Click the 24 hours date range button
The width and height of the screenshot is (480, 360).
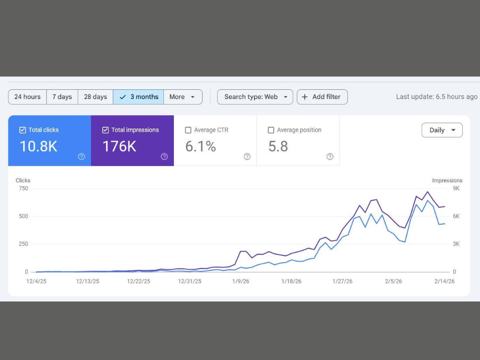[27, 97]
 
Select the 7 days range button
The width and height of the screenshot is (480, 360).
[62, 97]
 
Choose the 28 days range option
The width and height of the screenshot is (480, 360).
[96, 97]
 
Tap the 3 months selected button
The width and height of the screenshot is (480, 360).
[138, 97]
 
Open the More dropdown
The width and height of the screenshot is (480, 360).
[183, 97]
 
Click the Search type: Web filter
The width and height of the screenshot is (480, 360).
[255, 97]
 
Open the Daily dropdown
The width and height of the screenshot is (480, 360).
[442, 130]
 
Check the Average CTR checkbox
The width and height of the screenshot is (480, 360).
[188, 131]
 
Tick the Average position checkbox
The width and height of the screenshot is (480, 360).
[271, 131]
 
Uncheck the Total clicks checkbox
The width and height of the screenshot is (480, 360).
[23, 131]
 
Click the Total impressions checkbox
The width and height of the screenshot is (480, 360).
[105, 131]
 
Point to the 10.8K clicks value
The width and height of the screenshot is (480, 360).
[38, 146]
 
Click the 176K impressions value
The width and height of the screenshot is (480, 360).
[120, 146]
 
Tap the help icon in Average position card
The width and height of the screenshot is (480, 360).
[330, 157]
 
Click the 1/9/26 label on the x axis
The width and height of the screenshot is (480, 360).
[240, 281]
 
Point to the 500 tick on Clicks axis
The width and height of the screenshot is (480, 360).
[23, 216]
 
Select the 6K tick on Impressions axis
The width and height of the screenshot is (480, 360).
[456, 216]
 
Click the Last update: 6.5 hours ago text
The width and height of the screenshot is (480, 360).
[436, 97]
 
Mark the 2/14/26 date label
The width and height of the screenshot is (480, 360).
[444, 281]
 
